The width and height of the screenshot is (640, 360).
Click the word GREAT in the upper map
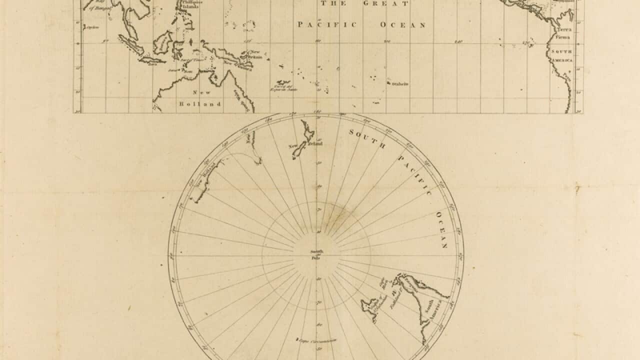click(392, 3)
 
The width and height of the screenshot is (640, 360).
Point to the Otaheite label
click(399, 84)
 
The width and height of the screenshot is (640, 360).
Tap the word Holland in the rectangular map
click(200, 104)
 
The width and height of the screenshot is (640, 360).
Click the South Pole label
click(316, 254)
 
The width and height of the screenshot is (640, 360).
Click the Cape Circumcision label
click(318, 341)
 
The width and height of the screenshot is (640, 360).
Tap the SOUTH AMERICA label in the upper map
click(561, 55)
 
